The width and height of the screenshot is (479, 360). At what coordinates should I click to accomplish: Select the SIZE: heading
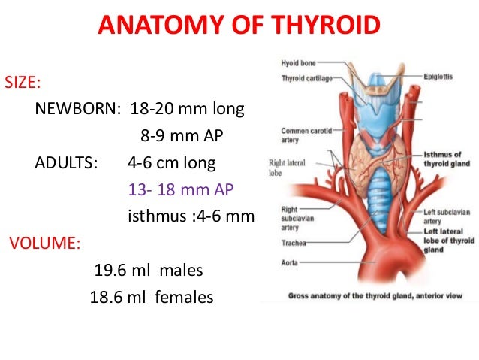coord(24,81)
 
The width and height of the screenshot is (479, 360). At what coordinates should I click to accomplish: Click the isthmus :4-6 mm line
coord(191,217)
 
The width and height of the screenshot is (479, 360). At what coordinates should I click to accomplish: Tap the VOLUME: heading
coord(44,244)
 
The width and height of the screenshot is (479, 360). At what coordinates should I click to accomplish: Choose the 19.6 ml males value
coord(149,270)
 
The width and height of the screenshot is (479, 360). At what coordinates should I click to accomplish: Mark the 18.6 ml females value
coord(152,298)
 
